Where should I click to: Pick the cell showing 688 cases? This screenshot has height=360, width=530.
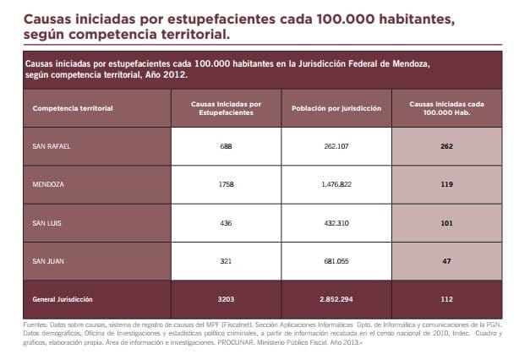pyautogui.click(x=225, y=146)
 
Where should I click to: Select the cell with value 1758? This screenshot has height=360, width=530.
pyautogui.click(x=225, y=184)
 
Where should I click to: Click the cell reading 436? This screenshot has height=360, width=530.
pyautogui.click(x=225, y=223)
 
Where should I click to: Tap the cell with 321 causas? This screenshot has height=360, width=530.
pyautogui.click(x=225, y=261)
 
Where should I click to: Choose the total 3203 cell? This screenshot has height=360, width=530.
pyautogui.click(x=225, y=299)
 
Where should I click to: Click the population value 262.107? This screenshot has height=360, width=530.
pyautogui.click(x=336, y=146)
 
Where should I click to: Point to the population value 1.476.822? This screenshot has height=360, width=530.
pyautogui.click(x=336, y=184)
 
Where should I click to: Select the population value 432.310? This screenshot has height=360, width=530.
pyautogui.click(x=336, y=223)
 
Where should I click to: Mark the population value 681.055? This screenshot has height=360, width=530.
pyautogui.click(x=336, y=261)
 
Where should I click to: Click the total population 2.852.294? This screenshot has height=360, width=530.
pyautogui.click(x=336, y=299)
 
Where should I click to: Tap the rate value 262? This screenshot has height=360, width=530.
pyautogui.click(x=447, y=146)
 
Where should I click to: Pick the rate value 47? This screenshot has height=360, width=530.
pyautogui.click(x=447, y=261)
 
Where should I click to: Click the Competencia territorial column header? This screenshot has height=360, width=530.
pyautogui.click(x=73, y=108)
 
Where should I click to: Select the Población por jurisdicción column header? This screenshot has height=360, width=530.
pyautogui.click(x=336, y=108)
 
